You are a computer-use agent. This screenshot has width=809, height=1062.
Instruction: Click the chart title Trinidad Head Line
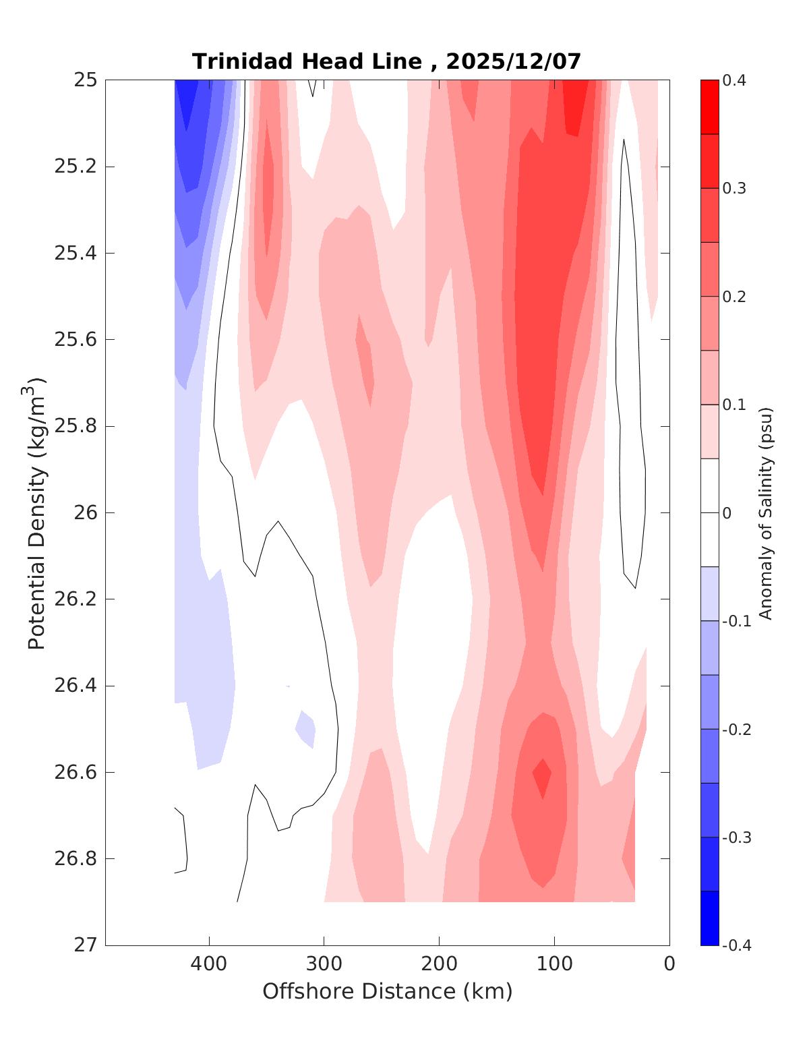[x=307, y=61]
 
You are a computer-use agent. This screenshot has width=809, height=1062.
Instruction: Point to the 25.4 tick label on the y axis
[x=75, y=254]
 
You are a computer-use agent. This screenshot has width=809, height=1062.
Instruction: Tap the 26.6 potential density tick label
[x=75, y=772]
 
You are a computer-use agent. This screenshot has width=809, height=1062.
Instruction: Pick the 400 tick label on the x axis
[x=209, y=964]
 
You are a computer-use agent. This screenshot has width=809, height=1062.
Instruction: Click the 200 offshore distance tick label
[x=440, y=964]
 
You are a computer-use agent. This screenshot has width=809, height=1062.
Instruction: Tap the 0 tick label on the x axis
[x=669, y=964]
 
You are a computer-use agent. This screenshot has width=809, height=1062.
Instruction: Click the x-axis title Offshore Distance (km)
[x=387, y=991]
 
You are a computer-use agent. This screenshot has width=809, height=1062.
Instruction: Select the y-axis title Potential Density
[x=36, y=512]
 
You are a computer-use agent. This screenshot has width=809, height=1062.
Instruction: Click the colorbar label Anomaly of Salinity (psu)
[x=765, y=512]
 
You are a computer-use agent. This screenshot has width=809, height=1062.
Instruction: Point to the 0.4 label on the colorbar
[x=734, y=81]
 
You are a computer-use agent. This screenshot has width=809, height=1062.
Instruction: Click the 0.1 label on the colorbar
[x=734, y=405]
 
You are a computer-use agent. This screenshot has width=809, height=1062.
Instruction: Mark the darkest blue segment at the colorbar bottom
[x=710, y=918]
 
